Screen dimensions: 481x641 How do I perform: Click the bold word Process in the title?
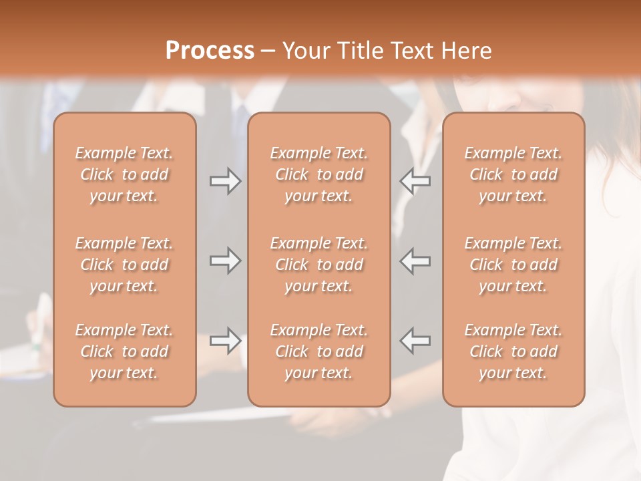pos(210,51)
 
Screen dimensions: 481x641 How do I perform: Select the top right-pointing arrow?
pos(225,181)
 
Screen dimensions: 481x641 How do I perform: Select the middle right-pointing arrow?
pos(225,261)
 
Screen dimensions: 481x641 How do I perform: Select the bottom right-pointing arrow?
pos(225,341)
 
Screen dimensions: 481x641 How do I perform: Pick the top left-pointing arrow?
pos(415,181)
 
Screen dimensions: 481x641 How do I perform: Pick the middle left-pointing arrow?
pos(415,261)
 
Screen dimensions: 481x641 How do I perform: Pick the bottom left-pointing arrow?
pos(415,341)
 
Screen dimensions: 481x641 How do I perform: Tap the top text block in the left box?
pos(124,174)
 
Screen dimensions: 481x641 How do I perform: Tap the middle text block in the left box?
pos(124,265)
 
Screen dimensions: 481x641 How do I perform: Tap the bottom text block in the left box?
pos(124,351)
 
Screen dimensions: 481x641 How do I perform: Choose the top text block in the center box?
pos(318,174)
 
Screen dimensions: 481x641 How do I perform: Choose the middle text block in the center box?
pos(318,265)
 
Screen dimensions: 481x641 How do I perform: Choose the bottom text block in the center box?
pos(318,351)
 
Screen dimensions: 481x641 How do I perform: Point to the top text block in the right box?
pos(513,174)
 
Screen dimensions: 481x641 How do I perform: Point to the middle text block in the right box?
pos(513,265)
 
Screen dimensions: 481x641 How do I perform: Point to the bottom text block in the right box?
pos(513,351)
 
